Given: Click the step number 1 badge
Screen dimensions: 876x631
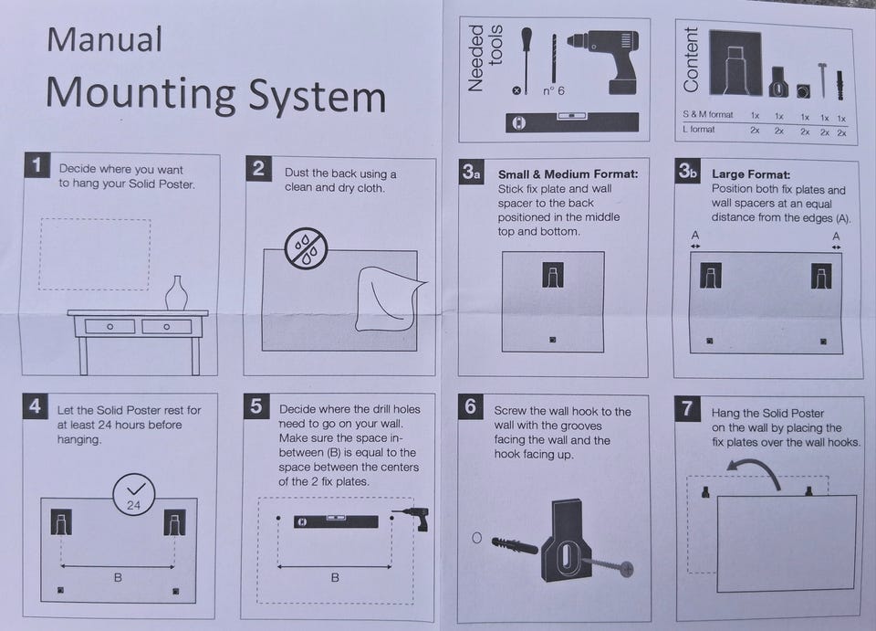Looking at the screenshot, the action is pos(36,166).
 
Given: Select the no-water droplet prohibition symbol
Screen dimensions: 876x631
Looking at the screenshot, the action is pos(306,247).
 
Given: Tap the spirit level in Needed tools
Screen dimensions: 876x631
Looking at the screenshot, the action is pos(571,122).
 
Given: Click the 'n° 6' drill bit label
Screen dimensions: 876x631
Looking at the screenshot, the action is pos(554,90).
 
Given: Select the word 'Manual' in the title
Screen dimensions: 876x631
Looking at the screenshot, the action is pos(104,39).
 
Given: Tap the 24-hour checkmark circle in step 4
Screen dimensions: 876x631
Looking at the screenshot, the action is pos(133,495).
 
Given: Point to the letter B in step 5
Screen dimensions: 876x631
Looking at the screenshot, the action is pos(335,577).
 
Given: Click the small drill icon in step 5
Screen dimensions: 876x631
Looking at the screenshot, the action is pos(412,518).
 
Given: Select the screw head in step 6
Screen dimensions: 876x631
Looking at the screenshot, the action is pos(626,569).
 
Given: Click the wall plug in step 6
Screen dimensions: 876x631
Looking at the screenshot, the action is pos(514,545).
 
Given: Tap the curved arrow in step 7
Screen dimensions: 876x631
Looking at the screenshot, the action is pos(754,473).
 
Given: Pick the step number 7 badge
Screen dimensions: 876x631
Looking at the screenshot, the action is pos(687,408).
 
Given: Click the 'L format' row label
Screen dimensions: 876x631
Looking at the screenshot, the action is pos(698,129).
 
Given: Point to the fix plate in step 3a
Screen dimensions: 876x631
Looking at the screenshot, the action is pos(553,275).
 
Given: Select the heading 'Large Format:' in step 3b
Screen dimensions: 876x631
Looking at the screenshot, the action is pos(751,174).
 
